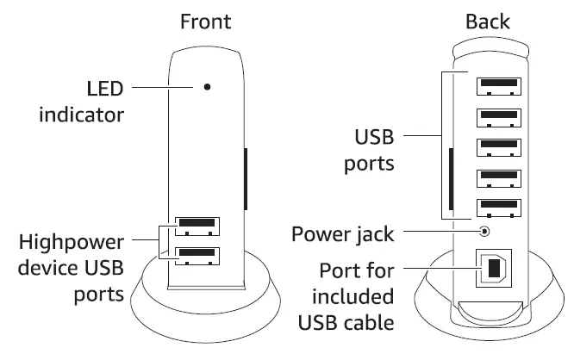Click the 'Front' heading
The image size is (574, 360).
pyautogui.click(x=205, y=22)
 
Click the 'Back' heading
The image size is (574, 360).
pyautogui.click(x=488, y=22)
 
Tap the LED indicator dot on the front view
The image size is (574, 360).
pyautogui.click(x=207, y=87)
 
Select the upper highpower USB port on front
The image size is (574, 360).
pyautogui.click(x=197, y=227)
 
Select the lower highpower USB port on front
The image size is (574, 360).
pyautogui.click(x=197, y=255)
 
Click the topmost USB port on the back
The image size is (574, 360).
pyautogui.click(x=500, y=86)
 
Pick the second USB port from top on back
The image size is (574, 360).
pyautogui.click(x=500, y=116)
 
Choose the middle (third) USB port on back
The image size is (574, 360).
pyautogui.click(x=500, y=147)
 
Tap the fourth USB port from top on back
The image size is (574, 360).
pyautogui.click(x=500, y=178)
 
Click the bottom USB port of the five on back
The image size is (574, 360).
pyautogui.click(x=500, y=208)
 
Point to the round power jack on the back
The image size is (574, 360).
pyautogui.click(x=486, y=232)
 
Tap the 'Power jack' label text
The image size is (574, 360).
pyautogui.click(x=342, y=233)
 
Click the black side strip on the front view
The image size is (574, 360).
pyautogui.click(x=246, y=178)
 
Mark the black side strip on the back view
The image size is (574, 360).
pyautogui.click(x=452, y=184)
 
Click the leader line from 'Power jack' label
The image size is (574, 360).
pyautogui.click(x=440, y=232)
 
